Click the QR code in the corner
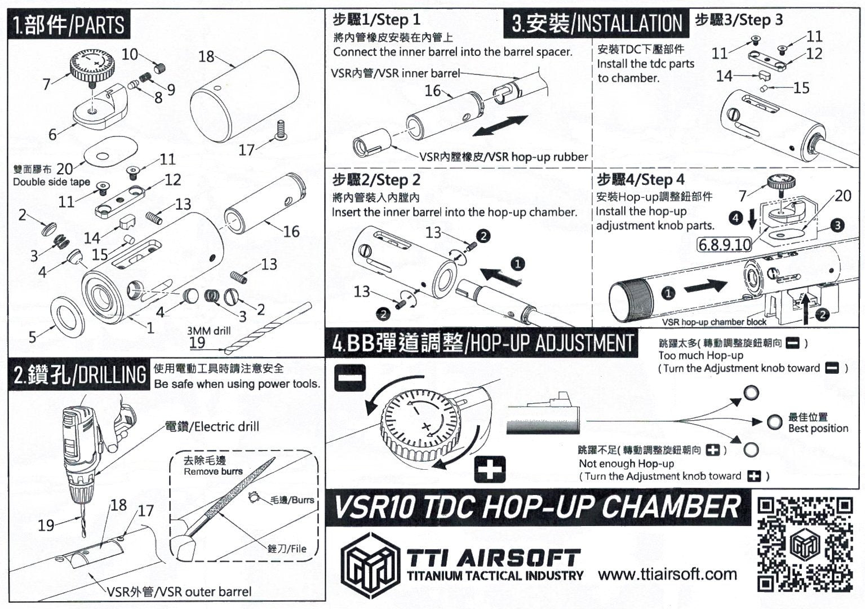[804, 544]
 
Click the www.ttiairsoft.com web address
[667, 575]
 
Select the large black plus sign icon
[489, 470]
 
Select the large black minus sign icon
[350, 377]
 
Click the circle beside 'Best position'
[774, 422]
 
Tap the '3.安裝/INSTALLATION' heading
[597, 24]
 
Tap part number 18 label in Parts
[206, 56]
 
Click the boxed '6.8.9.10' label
[724, 245]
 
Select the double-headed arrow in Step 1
[500, 125]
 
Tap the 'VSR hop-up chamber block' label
[714, 322]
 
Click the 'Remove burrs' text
[213, 471]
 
